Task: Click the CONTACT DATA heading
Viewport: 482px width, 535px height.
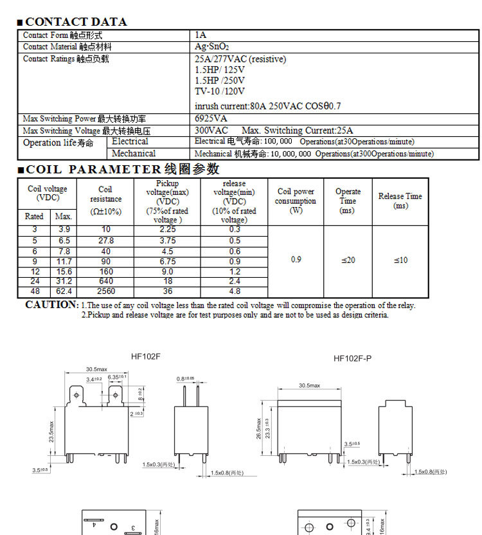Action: pyautogui.click(x=76, y=22)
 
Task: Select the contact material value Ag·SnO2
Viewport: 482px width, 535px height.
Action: pyautogui.click(x=212, y=47)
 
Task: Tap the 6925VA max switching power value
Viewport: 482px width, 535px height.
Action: pyautogui.click(x=211, y=119)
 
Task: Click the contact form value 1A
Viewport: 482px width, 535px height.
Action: pyautogui.click(x=201, y=35)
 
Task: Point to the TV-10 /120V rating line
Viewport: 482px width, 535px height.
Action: pyautogui.click(x=220, y=91)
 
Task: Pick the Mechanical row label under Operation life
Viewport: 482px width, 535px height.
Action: pyautogui.click(x=134, y=154)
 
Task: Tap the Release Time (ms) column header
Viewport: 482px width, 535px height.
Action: pyautogui.click(x=400, y=201)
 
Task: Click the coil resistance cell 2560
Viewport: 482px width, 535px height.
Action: pyautogui.click(x=105, y=291)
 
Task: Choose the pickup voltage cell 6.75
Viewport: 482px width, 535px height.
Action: pyautogui.click(x=167, y=262)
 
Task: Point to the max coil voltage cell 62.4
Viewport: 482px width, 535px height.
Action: pyautogui.click(x=64, y=291)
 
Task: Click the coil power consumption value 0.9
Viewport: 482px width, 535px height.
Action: pyautogui.click(x=296, y=260)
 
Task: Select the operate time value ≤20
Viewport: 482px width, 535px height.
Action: pyautogui.click(x=347, y=260)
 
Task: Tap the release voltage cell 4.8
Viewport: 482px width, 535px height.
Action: pyautogui.click(x=235, y=291)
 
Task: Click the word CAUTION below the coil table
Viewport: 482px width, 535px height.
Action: pyautogui.click(x=51, y=305)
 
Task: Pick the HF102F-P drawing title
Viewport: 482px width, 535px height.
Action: pyautogui.click(x=352, y=358)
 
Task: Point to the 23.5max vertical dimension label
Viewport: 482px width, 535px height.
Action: pyautogui.click(x=52, y=431)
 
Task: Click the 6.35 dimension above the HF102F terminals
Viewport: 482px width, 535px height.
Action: pyautogui.click(x=117, y=377)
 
